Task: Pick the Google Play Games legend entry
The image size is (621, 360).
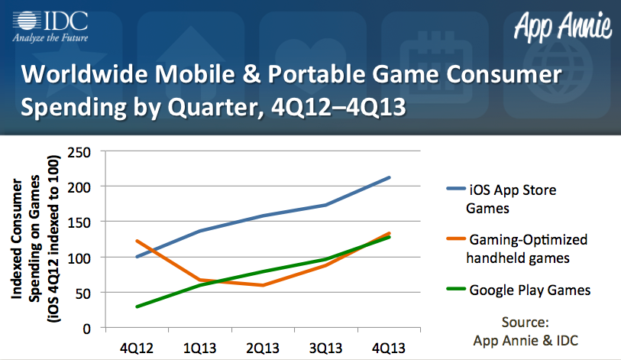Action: (x=519, y=290)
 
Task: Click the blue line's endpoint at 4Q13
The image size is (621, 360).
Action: (x=390, y=177)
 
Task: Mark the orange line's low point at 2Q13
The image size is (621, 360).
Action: (x=264, y=285)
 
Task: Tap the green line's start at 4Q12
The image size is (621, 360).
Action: (x=137, y=306)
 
